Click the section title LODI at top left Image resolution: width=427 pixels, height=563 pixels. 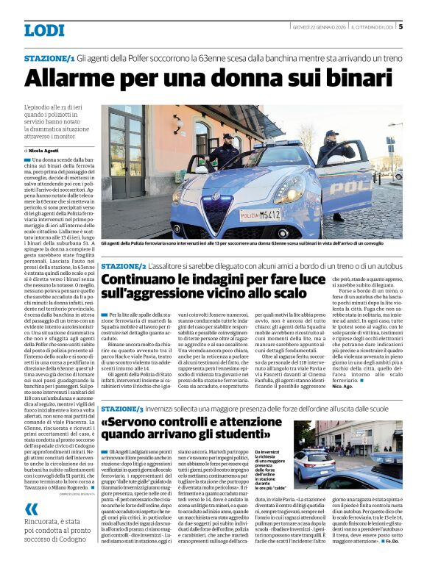click(x=44, y=30)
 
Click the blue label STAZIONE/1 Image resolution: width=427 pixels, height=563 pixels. click(x=49, y=58)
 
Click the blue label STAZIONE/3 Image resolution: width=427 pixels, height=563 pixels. click(x=124, y=408)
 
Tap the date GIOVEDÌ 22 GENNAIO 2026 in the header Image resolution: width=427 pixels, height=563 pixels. click(x=319, y=27)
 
